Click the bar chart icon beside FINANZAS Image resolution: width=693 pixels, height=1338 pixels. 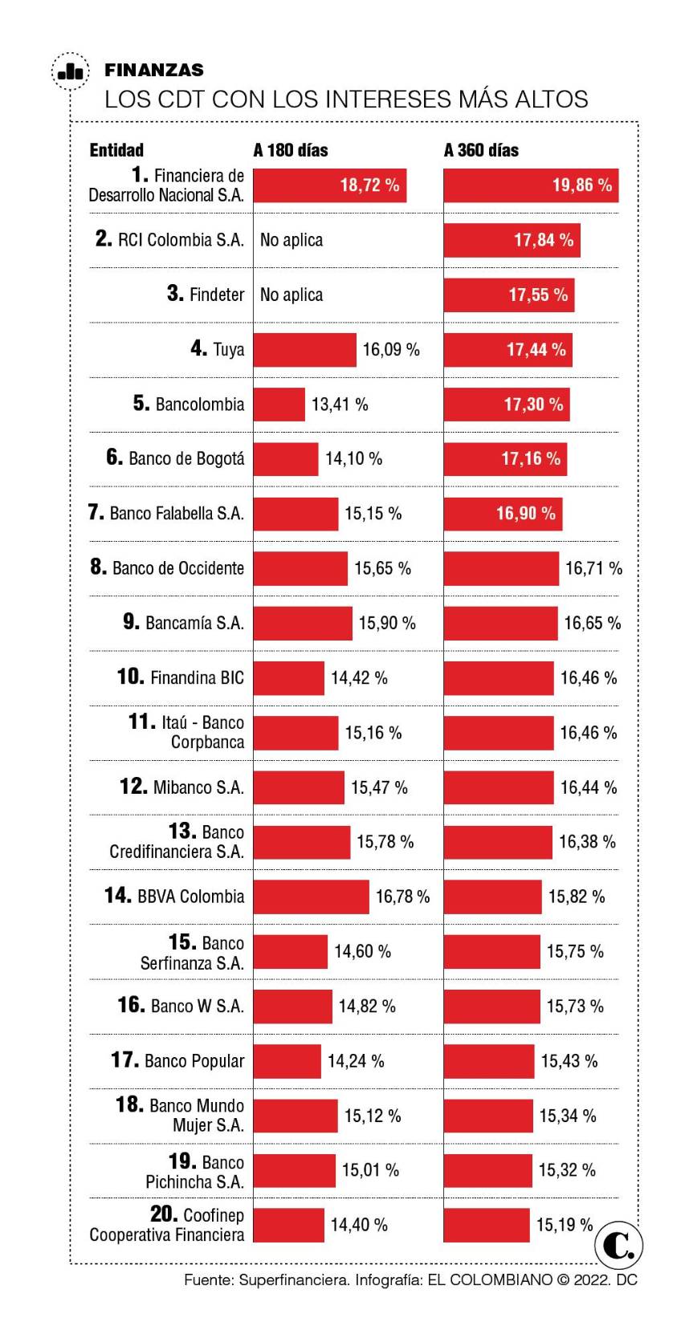click(70, 71)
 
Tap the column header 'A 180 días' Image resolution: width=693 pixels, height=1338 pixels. click(290, 150)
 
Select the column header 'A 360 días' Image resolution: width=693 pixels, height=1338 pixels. click(481, 150)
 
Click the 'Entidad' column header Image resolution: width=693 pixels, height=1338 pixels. click(116, 150)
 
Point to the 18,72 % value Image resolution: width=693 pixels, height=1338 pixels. click(369, 185)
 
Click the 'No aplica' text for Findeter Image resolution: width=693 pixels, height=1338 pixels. click(291, 295)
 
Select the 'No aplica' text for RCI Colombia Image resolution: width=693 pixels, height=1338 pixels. click(291, 240)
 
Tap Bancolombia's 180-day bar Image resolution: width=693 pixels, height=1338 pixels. click(279, 405)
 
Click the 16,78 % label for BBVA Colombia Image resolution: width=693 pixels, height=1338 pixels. click(402, 897)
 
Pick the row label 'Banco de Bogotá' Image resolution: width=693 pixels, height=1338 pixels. click(185, 459)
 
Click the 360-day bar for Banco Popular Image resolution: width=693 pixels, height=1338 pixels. click(489, 1061)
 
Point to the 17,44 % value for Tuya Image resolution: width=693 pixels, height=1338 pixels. click(536, 350)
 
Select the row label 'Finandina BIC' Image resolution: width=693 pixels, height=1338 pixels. click(196, 677)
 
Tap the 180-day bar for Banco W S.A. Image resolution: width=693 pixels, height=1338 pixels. click(292, 1007)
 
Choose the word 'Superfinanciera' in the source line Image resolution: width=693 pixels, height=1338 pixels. click(293, 1280)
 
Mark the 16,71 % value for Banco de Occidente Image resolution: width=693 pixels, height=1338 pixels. click(593, 568)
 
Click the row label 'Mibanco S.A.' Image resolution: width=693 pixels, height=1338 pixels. click(198, 787)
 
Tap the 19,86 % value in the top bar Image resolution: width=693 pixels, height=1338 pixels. click(581, 185)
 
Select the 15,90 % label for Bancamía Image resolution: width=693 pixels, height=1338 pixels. click(387, 623)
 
